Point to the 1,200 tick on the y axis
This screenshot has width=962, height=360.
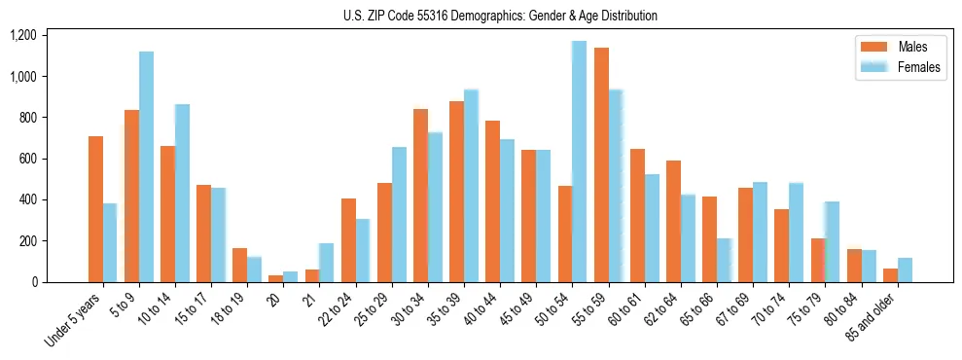22,36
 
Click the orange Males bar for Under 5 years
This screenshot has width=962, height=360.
95,209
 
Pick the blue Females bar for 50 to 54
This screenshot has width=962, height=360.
579,162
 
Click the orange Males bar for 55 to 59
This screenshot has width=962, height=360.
601,164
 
